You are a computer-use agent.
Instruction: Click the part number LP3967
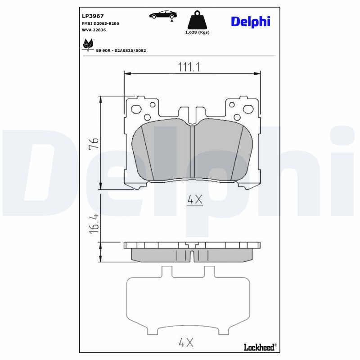[93, 16]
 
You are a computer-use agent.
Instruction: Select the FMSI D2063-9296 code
[99, 23]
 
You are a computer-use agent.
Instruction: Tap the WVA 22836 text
[94, 30]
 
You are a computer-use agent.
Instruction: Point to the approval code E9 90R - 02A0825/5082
[121, 50]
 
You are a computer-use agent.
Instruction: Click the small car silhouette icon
[162, 14]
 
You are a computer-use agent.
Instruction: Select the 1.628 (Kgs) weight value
[198, 32]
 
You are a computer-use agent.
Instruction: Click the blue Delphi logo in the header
[250, 21]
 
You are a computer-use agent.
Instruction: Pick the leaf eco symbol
[87, 45]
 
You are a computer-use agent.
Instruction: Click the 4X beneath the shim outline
[186, 343]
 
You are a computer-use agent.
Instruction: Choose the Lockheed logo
[260, 346]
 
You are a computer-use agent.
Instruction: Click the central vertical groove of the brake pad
[191, 152]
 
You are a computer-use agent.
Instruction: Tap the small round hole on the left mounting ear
[152, 105]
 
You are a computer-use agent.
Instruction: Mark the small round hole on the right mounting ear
[232, 105]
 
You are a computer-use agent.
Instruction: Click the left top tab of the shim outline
[166, 272]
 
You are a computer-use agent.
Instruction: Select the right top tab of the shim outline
[209, 272]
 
